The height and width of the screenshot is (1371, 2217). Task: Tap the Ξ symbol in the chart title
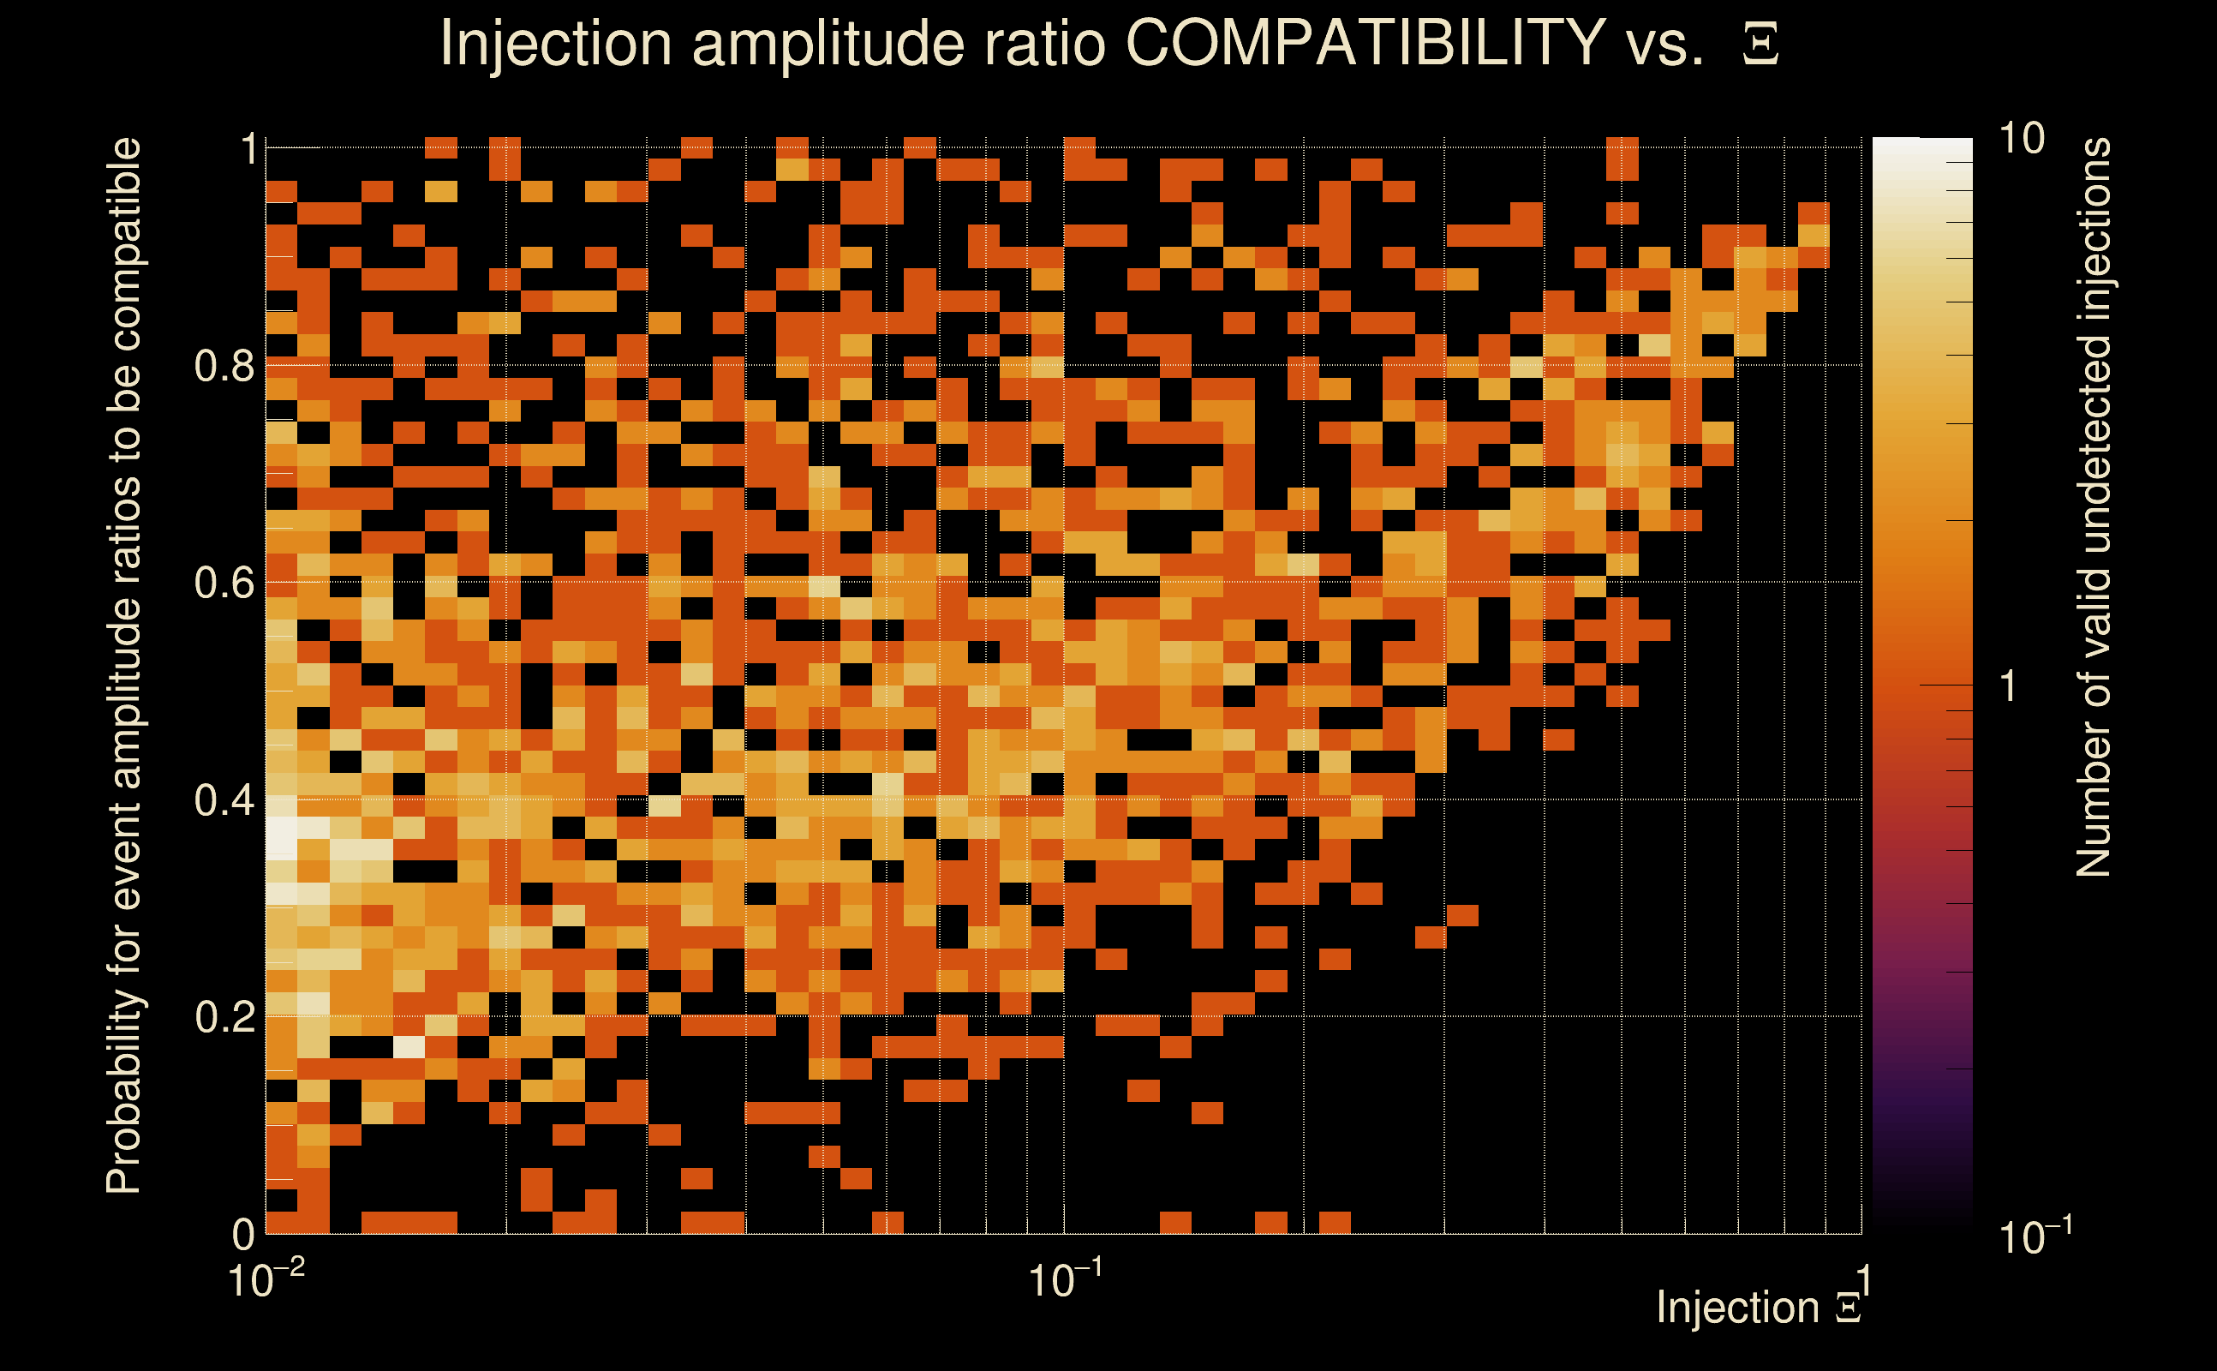tap(1760, 45)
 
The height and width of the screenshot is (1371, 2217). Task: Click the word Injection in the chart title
tap(555, 45)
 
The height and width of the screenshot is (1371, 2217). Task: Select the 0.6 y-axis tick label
tap(224, 583)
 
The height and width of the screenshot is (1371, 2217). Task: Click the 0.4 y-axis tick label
tap(224, 800)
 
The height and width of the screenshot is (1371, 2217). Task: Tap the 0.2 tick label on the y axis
tap(224, 1017)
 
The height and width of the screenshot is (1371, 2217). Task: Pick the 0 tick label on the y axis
tap(243, 1234)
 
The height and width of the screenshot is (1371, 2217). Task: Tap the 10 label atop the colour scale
tap(2021, 139)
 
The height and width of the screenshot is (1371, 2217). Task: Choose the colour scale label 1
tap(2009, 686)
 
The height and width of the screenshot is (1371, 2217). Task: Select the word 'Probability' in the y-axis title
tap(124, 1092)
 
